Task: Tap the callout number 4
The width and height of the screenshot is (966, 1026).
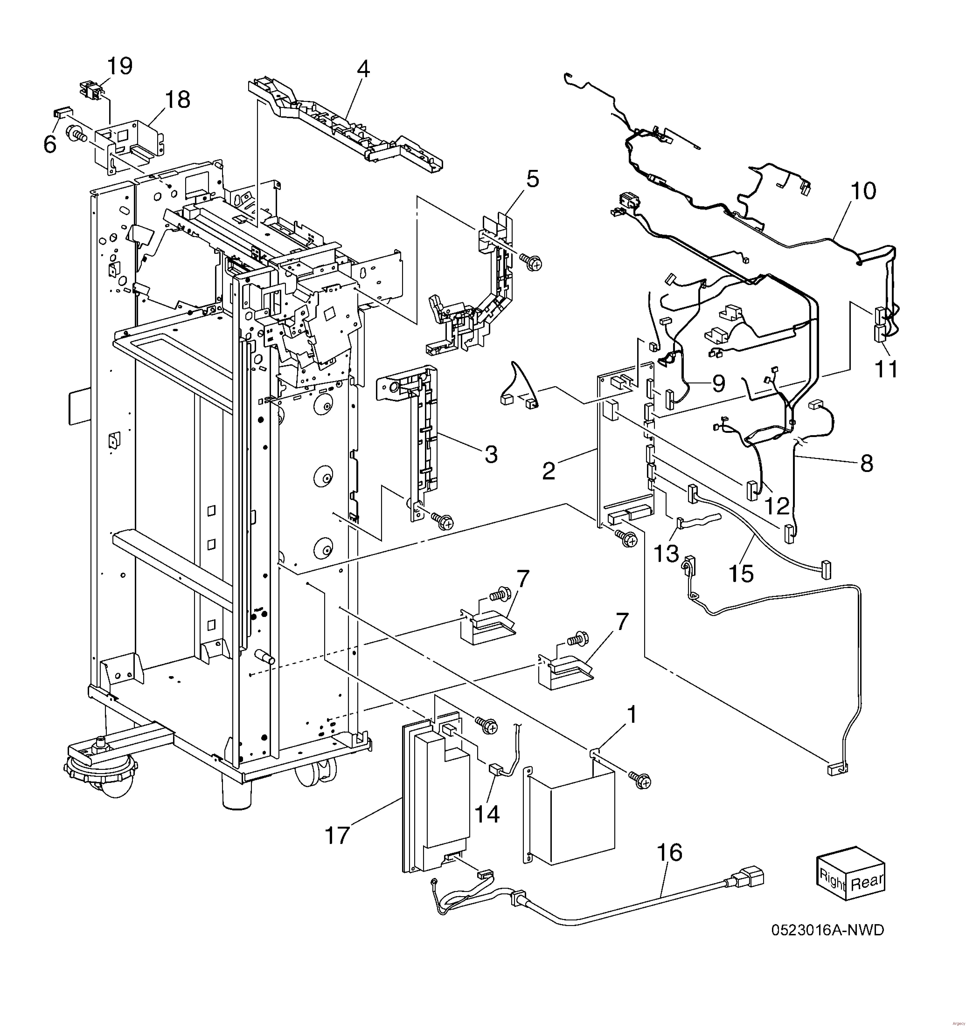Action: pyautogui.click(x=364, y=69)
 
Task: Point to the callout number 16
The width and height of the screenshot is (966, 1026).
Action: pyautogui.click(x=670, y=853)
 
